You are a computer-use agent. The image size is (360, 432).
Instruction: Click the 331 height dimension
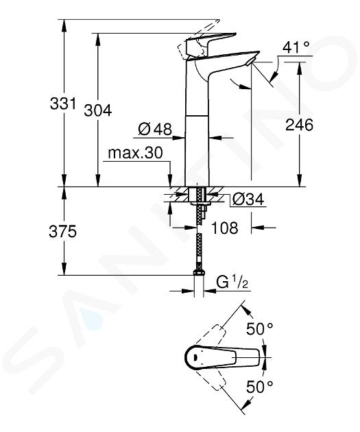pos(62,104)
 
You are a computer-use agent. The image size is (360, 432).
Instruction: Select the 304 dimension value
pos(98,111)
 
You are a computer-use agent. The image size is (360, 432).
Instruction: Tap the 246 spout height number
pos(299,125)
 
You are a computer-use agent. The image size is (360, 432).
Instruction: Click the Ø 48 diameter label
pos(155,129)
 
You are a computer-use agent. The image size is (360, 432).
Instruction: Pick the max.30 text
pos(136,153)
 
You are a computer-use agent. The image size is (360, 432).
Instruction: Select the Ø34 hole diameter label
pos(248,199)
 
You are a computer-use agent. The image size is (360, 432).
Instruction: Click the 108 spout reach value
pos(224,228)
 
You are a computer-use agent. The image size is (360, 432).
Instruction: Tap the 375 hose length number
pos(62,231)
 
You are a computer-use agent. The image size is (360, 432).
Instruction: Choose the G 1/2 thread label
pos(232,283)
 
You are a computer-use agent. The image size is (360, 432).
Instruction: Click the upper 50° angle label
pos(259,328)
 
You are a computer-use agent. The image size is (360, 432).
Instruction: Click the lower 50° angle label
pos(259,387)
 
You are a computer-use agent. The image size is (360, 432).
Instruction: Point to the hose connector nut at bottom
pos(199,273)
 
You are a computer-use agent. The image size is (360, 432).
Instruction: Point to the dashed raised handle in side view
pos(197,38)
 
